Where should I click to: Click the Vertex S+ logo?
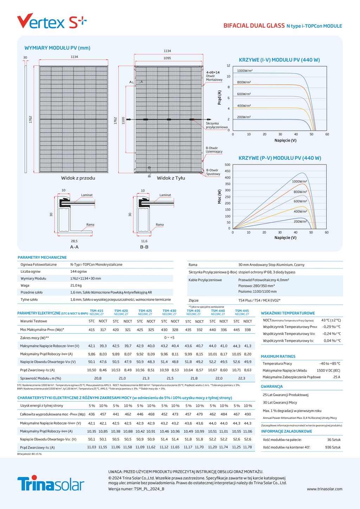(x=52, y=22)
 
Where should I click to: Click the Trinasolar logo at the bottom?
(x=51, y=483)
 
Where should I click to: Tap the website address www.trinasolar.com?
(x=324, y=489)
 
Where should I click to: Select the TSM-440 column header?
(x=218, y=311)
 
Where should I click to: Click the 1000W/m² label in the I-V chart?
(x=245, y=71)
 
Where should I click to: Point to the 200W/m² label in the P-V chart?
(x=300, y=221)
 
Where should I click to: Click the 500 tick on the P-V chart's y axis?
(x=227, y=165)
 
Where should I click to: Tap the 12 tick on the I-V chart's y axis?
(x=229, y=65)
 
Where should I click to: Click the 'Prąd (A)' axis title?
(x=219, y=97)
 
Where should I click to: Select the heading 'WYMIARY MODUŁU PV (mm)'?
(x=57, y=48)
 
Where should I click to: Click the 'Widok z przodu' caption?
(x=78, y=178)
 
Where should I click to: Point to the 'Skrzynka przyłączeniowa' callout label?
(x=217, y=125)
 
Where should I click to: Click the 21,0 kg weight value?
(x=76, y=285)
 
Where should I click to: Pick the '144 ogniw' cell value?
(x=78, y=271)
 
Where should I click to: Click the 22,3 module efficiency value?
(x=242, y=378)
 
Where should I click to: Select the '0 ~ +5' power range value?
(x=169, y=337)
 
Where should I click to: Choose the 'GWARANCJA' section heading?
(x=272, y=386)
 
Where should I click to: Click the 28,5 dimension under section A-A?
(x=74, y=241)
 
